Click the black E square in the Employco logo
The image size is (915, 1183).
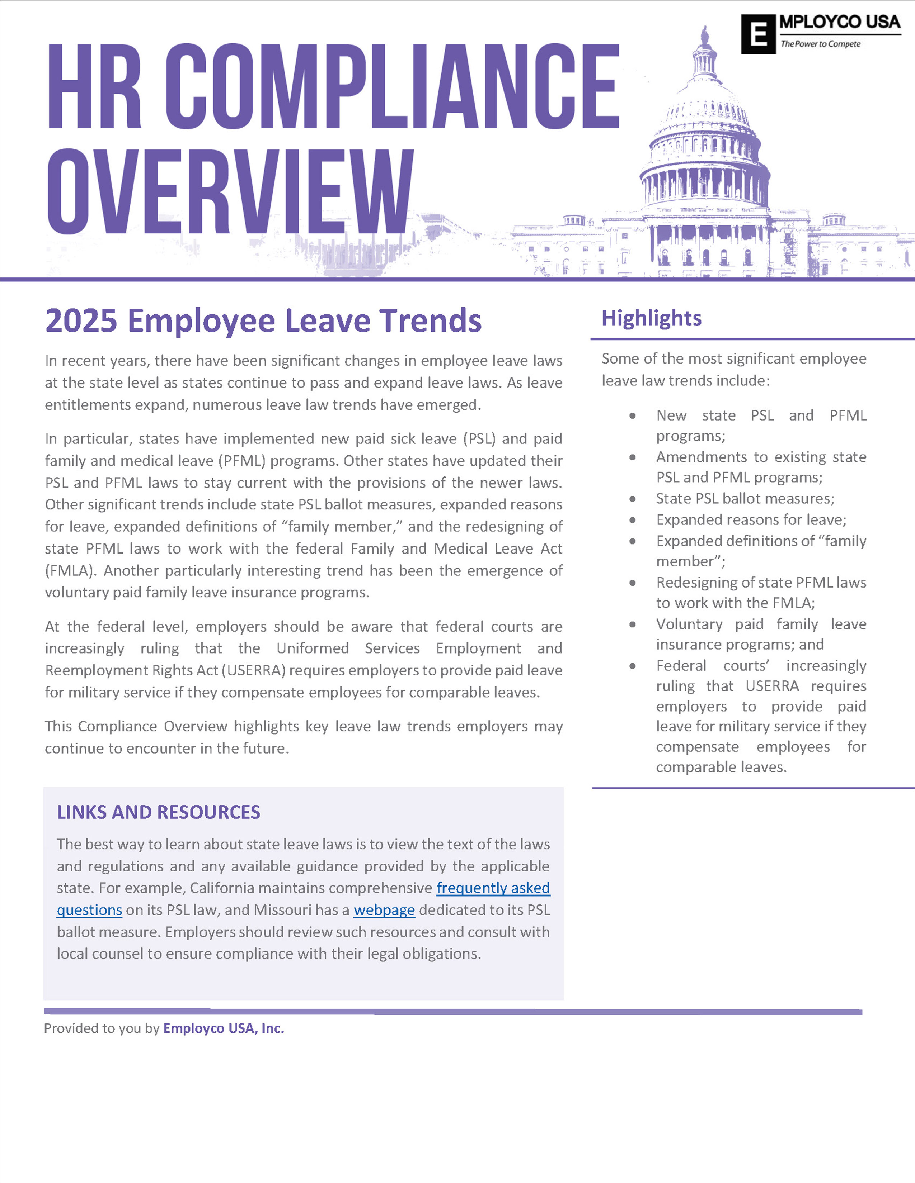pyautogui.click(x=759, y=34)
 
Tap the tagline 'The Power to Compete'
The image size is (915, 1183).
pyautogui.click(x=820, y=44)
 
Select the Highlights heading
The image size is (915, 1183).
pyautogui.click(x=652, y=318)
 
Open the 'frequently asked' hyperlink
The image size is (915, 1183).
pyautogui.click(x=493, y=888)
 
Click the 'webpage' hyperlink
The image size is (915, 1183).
pyautogui.click(x=384, y=910)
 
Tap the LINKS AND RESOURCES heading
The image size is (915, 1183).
pyautogui.click(x=158, y=812)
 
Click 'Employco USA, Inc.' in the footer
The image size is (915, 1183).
pyautogui.click(x=223, y=1028)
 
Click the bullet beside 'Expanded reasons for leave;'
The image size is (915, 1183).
pyautogui.click(x=633, y=520)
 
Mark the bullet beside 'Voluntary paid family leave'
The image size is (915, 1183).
pyautogui.click(x=633, y=624)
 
